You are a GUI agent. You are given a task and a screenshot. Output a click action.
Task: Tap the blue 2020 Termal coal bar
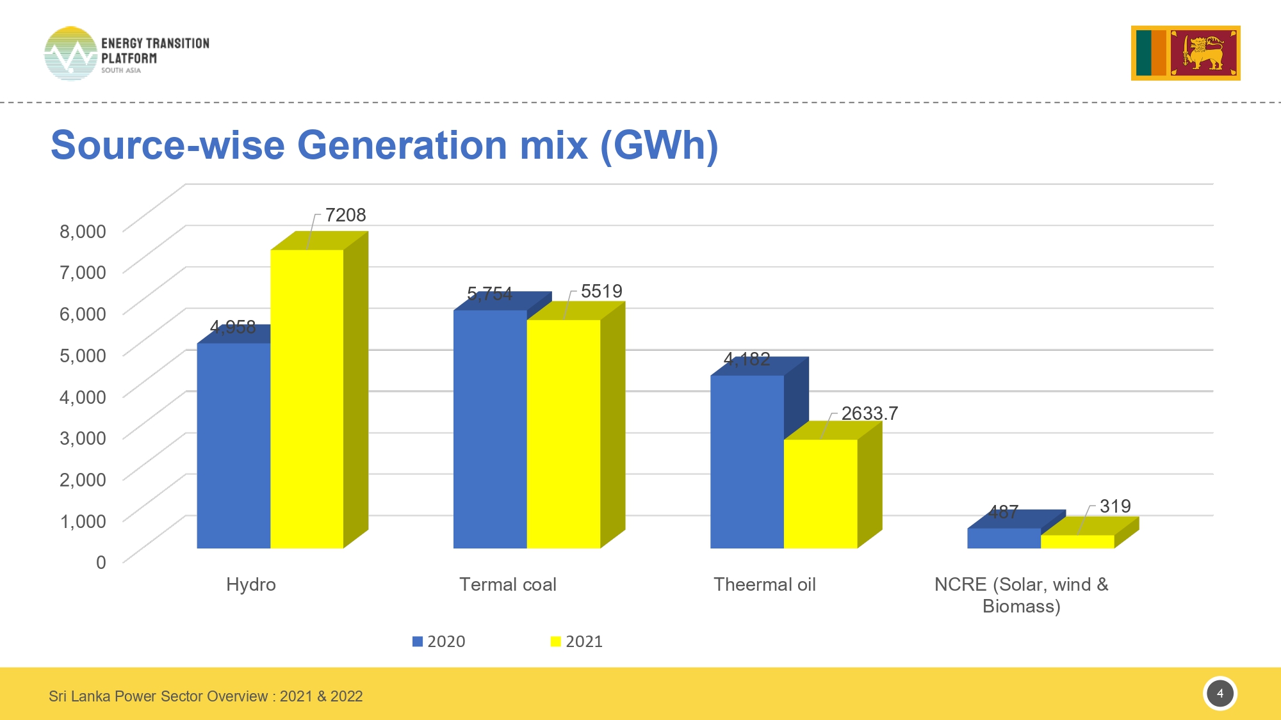coord(490,429)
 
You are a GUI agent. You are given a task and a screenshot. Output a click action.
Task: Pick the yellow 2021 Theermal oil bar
coord(820,493)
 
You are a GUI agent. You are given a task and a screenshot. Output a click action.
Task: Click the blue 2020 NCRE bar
coord(1004,538)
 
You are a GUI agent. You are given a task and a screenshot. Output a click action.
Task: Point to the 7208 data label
coord(345,215)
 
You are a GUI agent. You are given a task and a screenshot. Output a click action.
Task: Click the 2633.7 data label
coord(869,413)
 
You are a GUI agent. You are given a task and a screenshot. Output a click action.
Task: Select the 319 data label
coord(1115,506)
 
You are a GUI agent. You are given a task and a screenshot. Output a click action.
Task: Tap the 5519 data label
coord(601,291)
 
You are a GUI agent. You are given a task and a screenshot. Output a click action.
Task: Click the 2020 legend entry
coord(439,641)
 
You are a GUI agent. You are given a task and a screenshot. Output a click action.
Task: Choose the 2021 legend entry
coord(577,641)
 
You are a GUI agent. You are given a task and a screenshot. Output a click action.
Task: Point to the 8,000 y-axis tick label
coord(83,231)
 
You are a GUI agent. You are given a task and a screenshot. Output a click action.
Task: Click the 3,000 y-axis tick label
coord(83,438)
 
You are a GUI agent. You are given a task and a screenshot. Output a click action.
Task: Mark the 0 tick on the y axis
coord(101,562)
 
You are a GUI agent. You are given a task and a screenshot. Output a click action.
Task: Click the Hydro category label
coord(251,584)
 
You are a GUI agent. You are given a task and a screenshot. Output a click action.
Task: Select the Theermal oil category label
coord(765,584)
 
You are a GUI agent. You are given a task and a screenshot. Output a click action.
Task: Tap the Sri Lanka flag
coord(1186,53)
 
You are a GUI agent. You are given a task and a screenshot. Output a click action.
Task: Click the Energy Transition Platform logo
coord(126,54)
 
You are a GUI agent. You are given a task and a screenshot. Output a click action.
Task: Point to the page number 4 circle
coord(1220,693)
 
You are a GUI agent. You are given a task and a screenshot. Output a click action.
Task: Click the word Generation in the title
coord(402,145)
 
